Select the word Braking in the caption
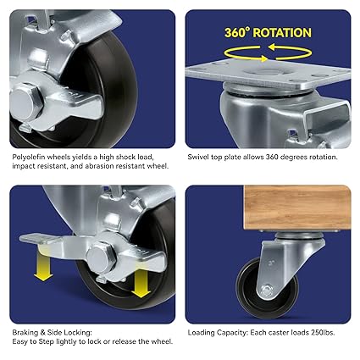point(26,332)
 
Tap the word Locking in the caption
point(82,332)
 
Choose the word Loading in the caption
point(202,332)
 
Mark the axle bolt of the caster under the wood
point(268,291)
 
